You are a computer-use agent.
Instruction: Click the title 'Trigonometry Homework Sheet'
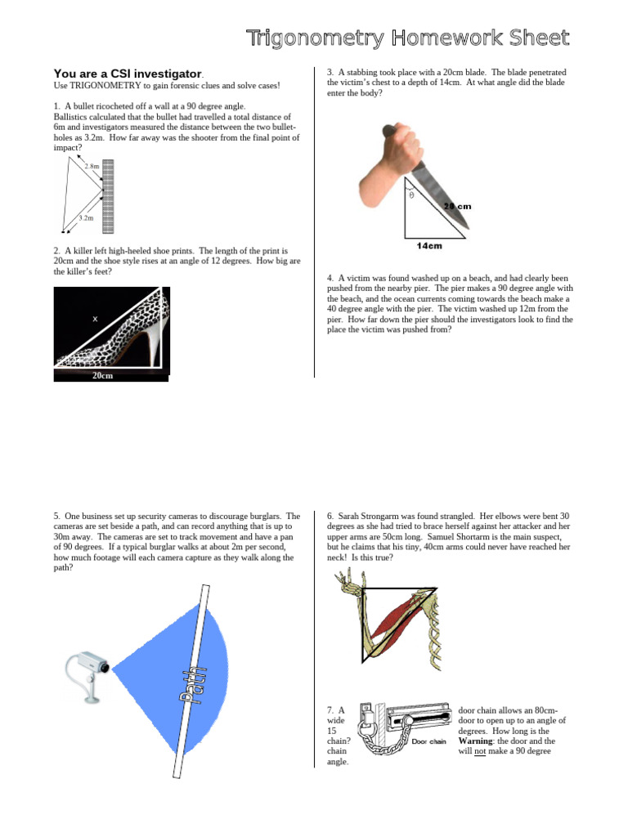pos(408,38)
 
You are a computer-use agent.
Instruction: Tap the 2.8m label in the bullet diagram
pos(92,167)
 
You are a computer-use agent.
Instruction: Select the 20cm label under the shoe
pos(102,376)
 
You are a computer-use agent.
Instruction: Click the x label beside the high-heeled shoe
pos(95,320)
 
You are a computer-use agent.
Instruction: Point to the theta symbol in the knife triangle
pos(411,195)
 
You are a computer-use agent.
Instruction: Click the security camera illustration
pos(89,672)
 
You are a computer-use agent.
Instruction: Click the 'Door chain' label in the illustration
pos(428,741)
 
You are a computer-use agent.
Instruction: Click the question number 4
pos(330,278)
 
